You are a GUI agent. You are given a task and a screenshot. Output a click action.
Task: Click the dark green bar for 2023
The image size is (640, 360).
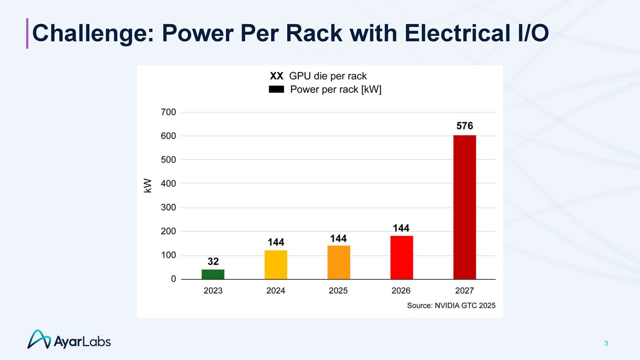(213, 274)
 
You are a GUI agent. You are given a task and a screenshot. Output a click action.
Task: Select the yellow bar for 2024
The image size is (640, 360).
(276, 265)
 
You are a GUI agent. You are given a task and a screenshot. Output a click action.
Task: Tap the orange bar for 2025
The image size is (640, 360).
(338, 262)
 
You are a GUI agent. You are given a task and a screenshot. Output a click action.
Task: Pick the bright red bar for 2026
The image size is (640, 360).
(401, 257)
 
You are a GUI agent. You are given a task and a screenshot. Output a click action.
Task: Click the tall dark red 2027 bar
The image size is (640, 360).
(464, 207)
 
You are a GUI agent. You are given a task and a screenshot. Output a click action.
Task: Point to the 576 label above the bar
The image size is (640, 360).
(464, 126)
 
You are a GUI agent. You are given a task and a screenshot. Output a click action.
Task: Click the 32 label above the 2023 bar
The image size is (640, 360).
(213, 261)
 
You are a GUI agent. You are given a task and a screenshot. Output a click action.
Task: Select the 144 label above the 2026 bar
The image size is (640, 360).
(401, 228)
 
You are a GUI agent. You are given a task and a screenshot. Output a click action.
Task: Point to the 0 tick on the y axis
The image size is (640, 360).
(173, 279)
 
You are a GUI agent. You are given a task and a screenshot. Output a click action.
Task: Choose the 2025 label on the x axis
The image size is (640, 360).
(338, 291)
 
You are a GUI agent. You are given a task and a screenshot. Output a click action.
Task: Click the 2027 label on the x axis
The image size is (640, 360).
(464, 291)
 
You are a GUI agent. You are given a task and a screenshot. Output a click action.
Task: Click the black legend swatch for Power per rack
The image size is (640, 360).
(276, 90)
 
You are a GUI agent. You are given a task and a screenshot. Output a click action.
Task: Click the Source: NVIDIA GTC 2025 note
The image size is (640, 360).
(451, 306)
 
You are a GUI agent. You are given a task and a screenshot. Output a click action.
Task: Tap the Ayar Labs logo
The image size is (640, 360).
(69, 340)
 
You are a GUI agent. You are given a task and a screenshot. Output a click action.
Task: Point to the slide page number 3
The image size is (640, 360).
(606, 343)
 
